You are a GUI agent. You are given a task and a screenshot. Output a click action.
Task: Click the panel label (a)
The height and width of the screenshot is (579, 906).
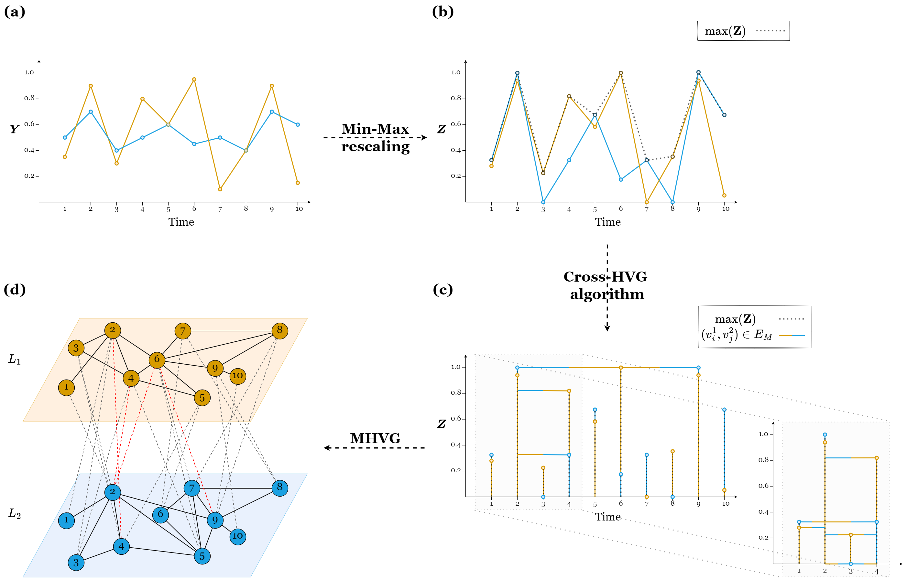coord(14,12)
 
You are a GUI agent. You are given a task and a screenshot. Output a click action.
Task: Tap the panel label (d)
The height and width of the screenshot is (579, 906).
coord(14,290)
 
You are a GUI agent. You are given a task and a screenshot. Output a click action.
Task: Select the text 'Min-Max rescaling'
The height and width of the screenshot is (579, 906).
coord(375,138)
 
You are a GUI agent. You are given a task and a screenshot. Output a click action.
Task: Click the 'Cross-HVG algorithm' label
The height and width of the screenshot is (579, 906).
coord(606,285)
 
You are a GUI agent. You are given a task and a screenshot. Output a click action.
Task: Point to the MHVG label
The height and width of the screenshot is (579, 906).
coord(375,438)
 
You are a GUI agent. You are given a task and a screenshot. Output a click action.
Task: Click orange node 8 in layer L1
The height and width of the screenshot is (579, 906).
coord(279,330)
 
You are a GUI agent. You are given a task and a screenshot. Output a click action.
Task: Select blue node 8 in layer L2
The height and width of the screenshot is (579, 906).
coord(279,488)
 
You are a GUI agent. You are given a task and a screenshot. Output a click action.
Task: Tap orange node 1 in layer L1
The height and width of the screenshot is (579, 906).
coord(66,387)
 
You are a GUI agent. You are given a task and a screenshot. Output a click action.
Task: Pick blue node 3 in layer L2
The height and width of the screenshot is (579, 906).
coord(76,563)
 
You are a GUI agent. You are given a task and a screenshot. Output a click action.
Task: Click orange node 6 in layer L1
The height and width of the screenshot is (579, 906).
coord(157,359)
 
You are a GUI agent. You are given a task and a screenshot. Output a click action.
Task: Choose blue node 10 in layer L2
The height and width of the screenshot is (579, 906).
coord(237,536)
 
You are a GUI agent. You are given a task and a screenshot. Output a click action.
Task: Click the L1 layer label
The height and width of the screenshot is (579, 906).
coord(14,359)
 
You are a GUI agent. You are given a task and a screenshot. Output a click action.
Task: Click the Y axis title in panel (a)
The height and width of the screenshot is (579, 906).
coord(14,129)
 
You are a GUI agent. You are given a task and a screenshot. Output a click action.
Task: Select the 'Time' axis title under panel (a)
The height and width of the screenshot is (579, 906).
coord(181,222)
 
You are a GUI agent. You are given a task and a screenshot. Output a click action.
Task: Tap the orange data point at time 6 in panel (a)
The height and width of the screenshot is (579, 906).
coord(194,79)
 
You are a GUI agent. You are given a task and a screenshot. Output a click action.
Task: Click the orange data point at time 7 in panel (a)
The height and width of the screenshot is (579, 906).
coord(220,189)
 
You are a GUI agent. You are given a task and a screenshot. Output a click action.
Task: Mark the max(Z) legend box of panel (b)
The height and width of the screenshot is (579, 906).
coord(743,31)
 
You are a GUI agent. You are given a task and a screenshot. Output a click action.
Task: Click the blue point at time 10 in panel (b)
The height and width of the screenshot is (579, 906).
coord(724,115)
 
